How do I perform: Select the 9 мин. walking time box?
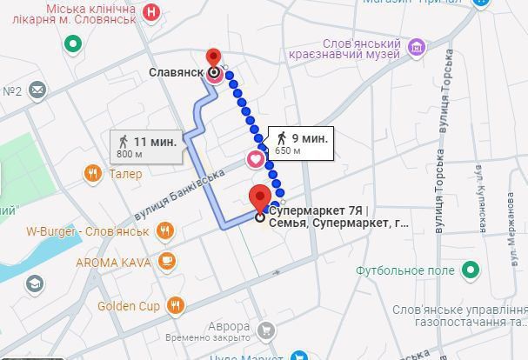point(300,143)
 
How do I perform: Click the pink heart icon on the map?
point(255,159)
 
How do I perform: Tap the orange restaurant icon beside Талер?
point(92,174)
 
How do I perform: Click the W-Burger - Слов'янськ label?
point(86,231)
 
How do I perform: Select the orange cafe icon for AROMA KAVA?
point(164,261)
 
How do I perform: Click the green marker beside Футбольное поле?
point(470,270)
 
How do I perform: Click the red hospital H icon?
point(153,12)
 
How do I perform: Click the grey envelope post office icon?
point(37,90)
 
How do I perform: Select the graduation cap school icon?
point(34,284)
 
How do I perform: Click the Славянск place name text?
point(177,73)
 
